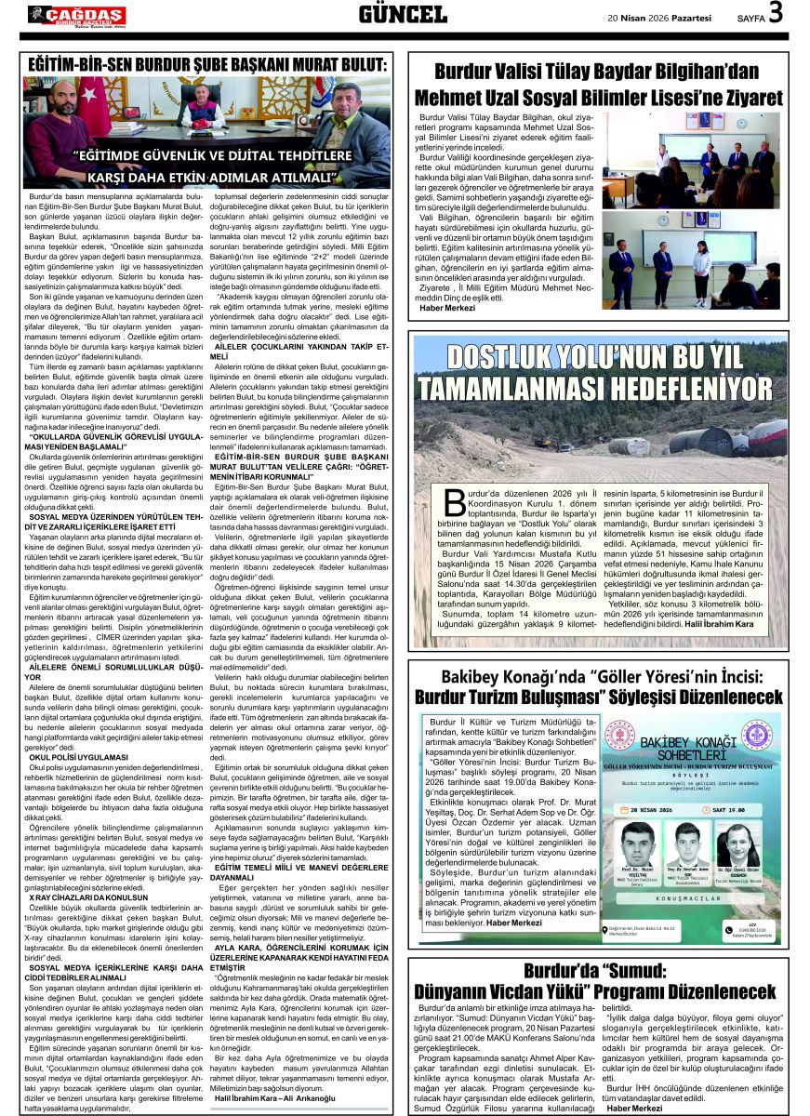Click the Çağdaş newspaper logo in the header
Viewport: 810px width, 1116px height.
[x=76, y=15]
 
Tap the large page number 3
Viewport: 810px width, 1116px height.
[x=774, y=14]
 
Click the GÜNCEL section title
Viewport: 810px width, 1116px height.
[x=403, y=14]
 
